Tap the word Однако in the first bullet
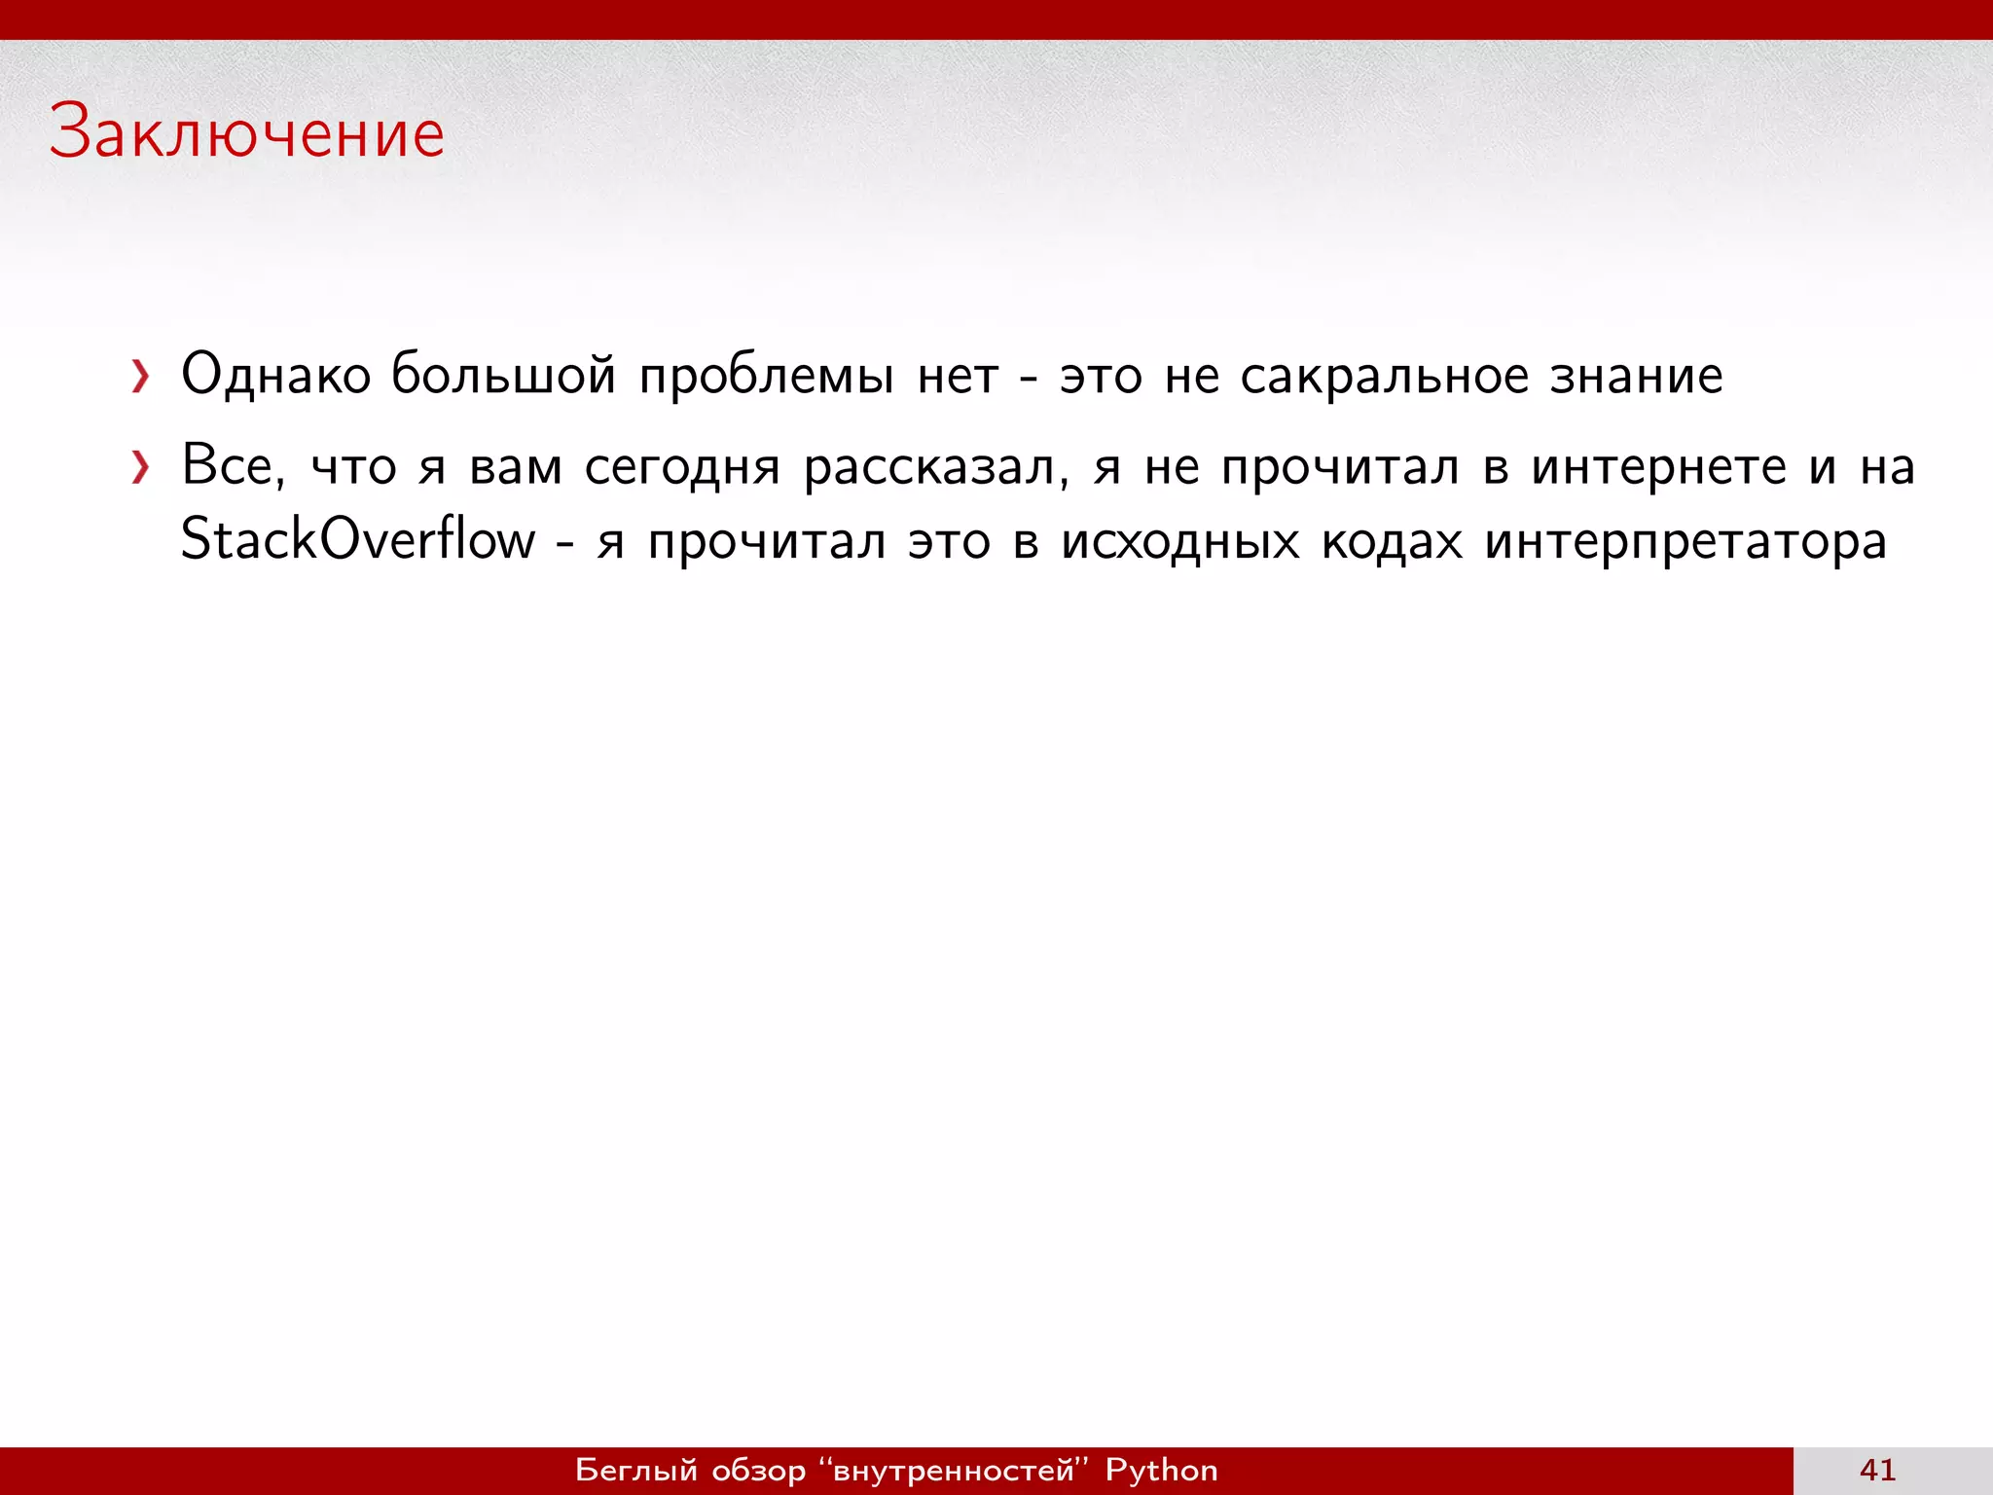point(276,375)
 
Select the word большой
point(503,375)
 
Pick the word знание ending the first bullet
point(1636,375)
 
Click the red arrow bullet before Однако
point(141,377)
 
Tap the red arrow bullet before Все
point(141,468)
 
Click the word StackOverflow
point(358,540)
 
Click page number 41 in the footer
point(1877,1470)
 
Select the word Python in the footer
point(1161,1470)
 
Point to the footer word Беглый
point(636,1470)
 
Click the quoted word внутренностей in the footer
point(954,1470)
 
